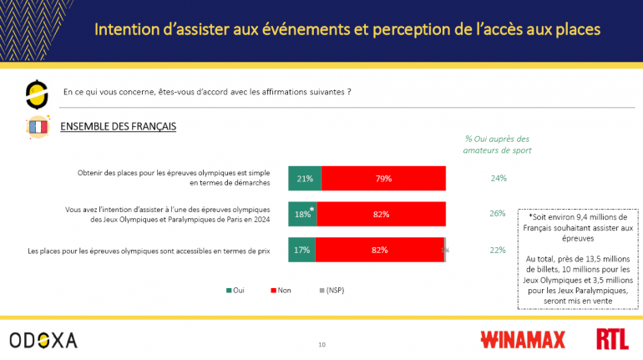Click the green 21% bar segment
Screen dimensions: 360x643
(x=305, y=178)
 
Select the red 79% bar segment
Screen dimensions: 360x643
(x=383, y=178)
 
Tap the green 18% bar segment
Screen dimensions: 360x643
(x=302, y=214)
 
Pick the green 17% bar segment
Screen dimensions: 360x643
(x=301, y=249)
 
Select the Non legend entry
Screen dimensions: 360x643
(x=281, y=291)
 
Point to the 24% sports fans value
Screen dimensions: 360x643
(x=498, y=178)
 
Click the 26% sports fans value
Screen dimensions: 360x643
(x=498, y=214)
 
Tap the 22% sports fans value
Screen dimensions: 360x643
(x=498, y=249)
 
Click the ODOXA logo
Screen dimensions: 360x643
(x=43, y=339)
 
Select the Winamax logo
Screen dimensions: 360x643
(x=522, y=339)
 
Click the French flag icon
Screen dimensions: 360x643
(x=37, y=127)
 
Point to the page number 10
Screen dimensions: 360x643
(x=321, y=344)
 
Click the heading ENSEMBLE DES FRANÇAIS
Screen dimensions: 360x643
(x=118, y=126)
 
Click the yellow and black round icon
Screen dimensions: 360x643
(x=37, y=94)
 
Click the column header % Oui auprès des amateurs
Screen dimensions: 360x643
(x=497, y=145)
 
